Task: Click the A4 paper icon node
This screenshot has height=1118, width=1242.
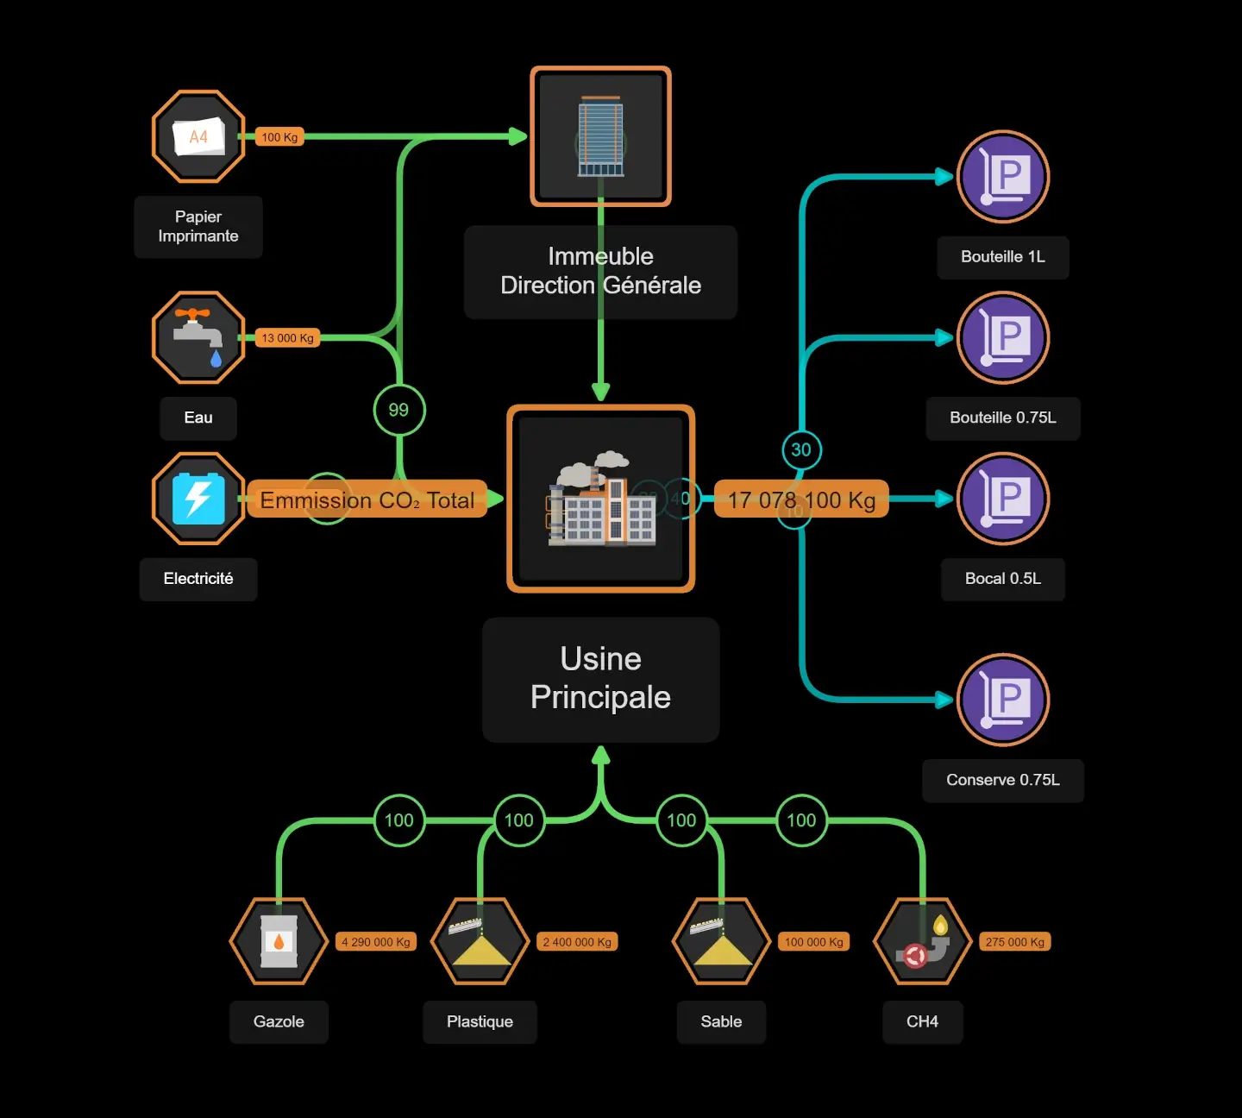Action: click(198, 136)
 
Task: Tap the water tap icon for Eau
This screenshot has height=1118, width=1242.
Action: click(198, 337)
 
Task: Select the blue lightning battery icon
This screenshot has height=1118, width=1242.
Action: click(198, 499)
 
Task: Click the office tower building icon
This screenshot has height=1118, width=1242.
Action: click(600, 136)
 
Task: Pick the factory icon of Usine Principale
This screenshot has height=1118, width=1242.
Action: click(600, 499)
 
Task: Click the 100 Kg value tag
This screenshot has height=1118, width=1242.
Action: click(279, 137)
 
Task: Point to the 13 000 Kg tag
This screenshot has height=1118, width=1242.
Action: click(287, 338)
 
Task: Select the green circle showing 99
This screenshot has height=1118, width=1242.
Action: click(398, 410)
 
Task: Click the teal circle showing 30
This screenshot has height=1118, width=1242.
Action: click(801, 449)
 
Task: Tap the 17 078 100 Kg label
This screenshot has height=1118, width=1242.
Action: click(801, 499)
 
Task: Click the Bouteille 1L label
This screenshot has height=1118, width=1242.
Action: click(1002, 257)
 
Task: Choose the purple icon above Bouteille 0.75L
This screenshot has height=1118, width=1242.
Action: click(1002, 337)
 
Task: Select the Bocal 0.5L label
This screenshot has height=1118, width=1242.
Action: click(1002, 579)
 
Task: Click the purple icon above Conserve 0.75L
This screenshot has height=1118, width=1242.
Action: click(1002, 700)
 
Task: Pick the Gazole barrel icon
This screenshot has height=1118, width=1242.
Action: click(279, 941)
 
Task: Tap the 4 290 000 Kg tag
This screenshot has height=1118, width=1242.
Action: click(375, 942)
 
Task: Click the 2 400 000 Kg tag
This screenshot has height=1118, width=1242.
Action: click(577, 942)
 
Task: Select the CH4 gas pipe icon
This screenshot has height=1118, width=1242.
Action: click(922, 941)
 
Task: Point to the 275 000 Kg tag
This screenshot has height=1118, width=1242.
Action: click(1014, 942)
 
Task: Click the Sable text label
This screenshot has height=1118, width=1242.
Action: click(721, 1021)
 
